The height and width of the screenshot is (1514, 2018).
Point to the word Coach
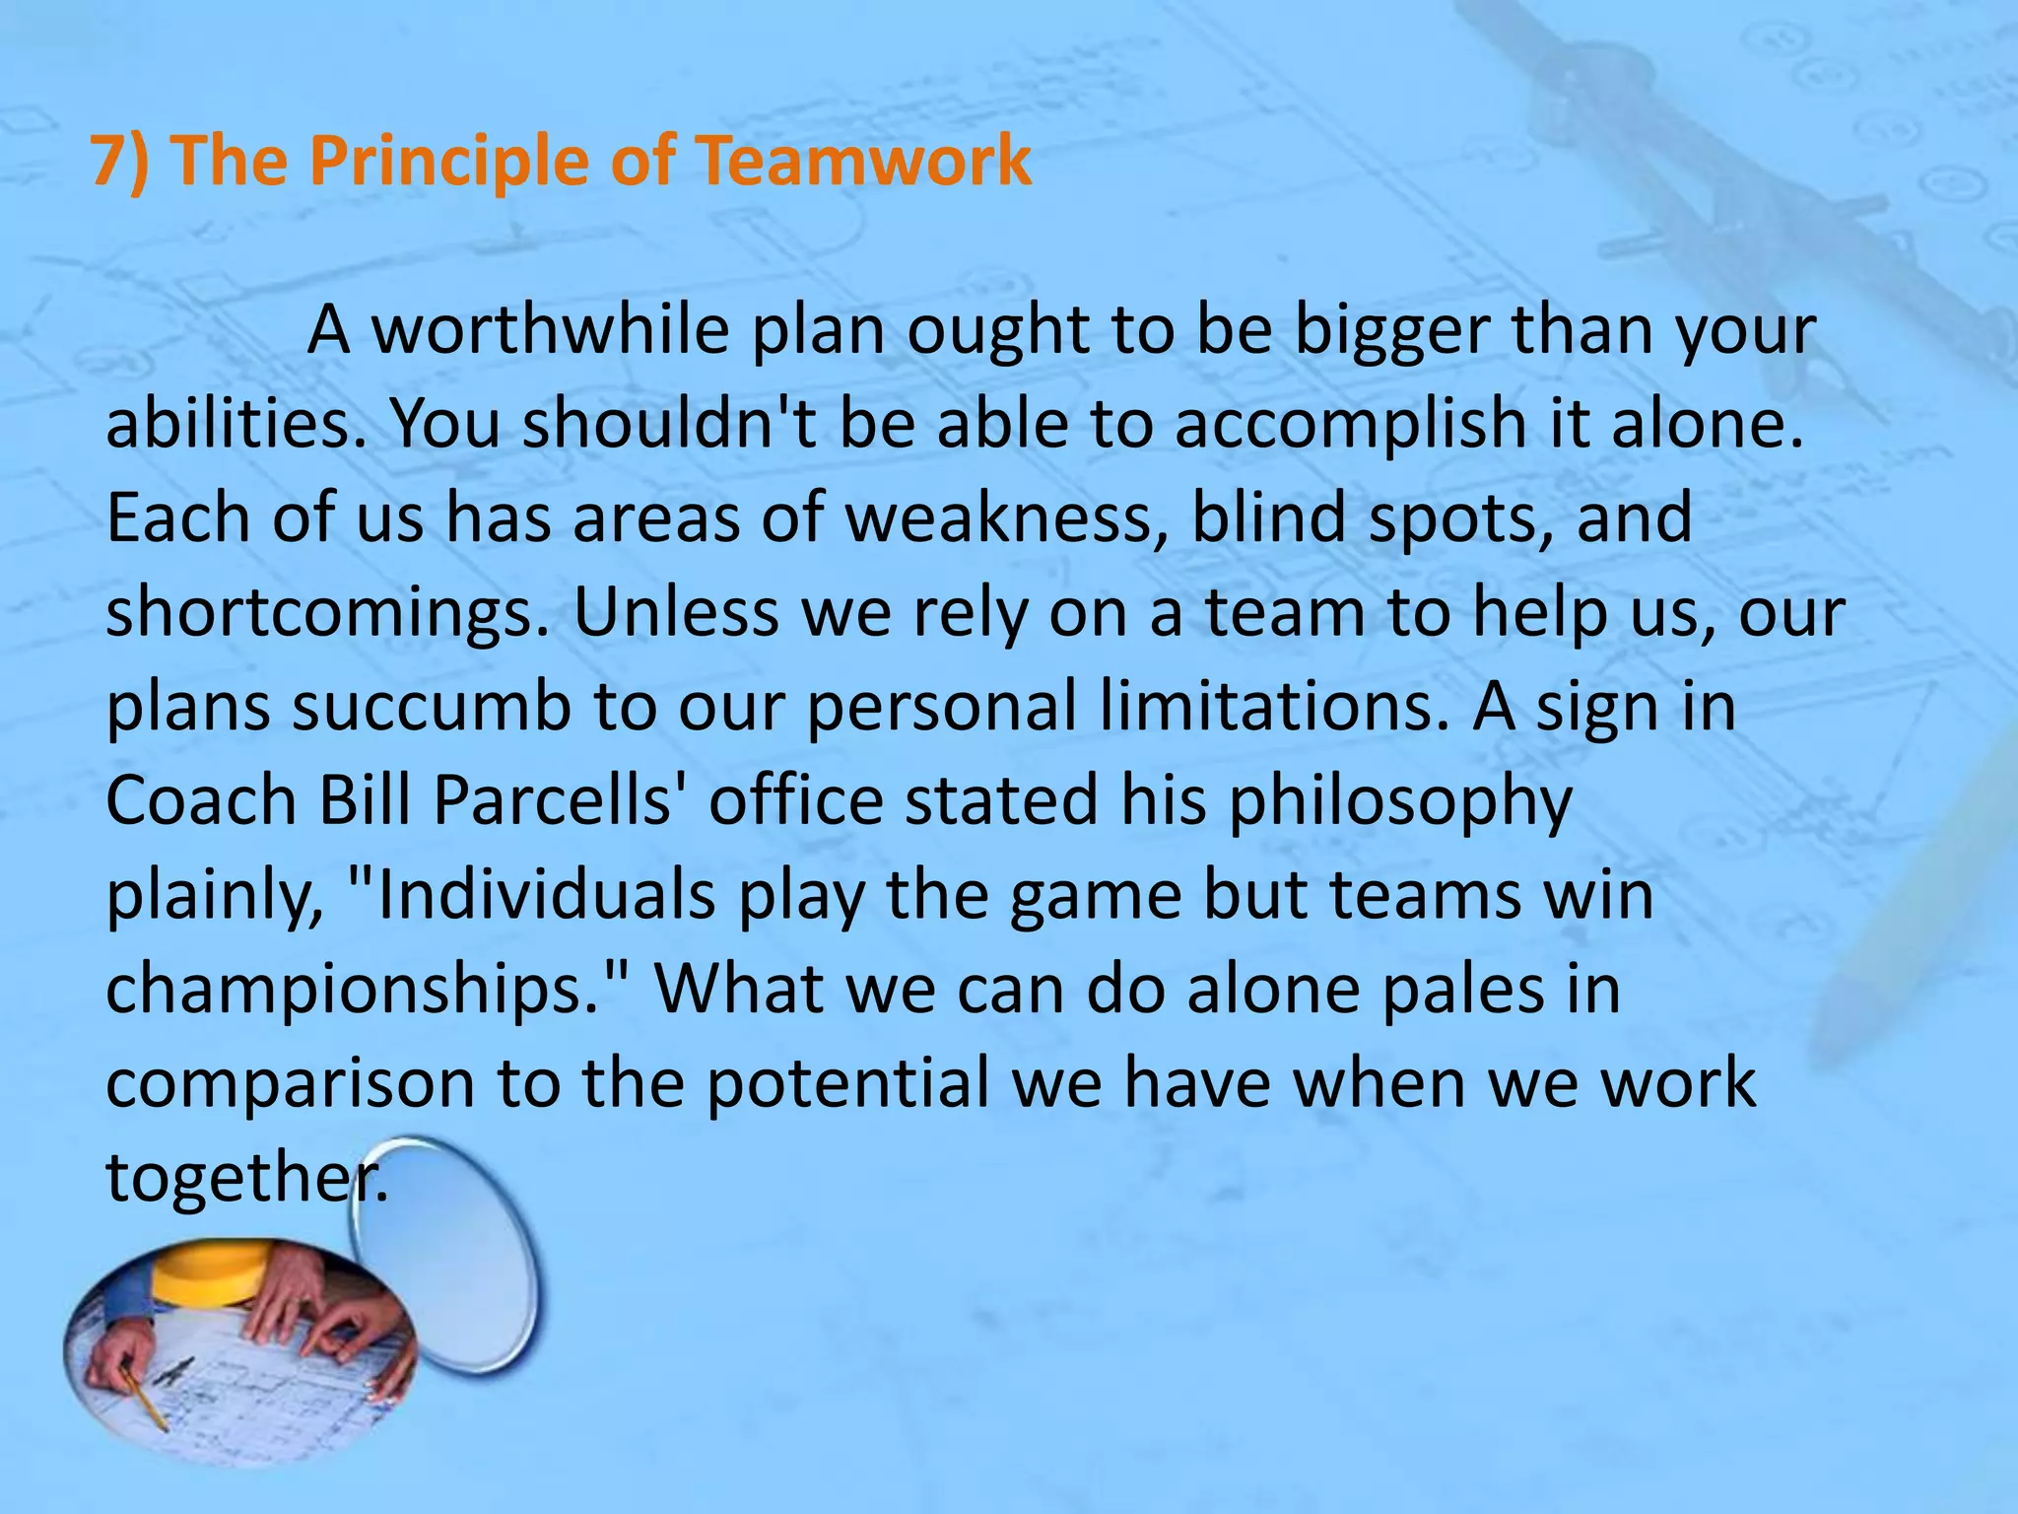201,799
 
